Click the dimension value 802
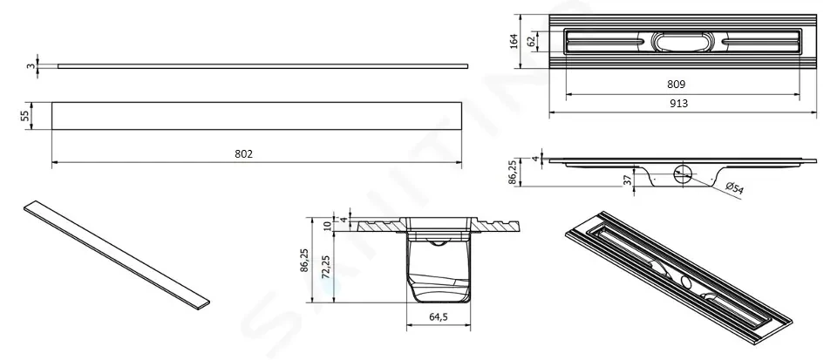[x=243, y=153]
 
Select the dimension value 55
[x=25, y=116]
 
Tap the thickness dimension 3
[x=31, y=66]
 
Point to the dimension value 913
[x=678, y=104]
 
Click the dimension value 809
[x=677, y=85]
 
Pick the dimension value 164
[x=514, y=41]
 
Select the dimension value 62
[x=531, y=41]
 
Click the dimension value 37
[x=629, y=180]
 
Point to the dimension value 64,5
[x=438, y=316]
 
